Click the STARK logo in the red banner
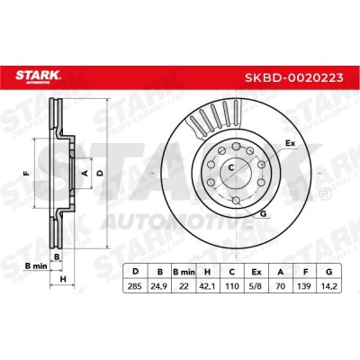38,76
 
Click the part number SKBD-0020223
294,78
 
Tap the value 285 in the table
135,286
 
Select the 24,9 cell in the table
159,286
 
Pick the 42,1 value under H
207,286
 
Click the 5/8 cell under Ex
256,286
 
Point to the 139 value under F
304,286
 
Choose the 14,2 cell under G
329,286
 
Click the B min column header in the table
184,272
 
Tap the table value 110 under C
231,286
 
